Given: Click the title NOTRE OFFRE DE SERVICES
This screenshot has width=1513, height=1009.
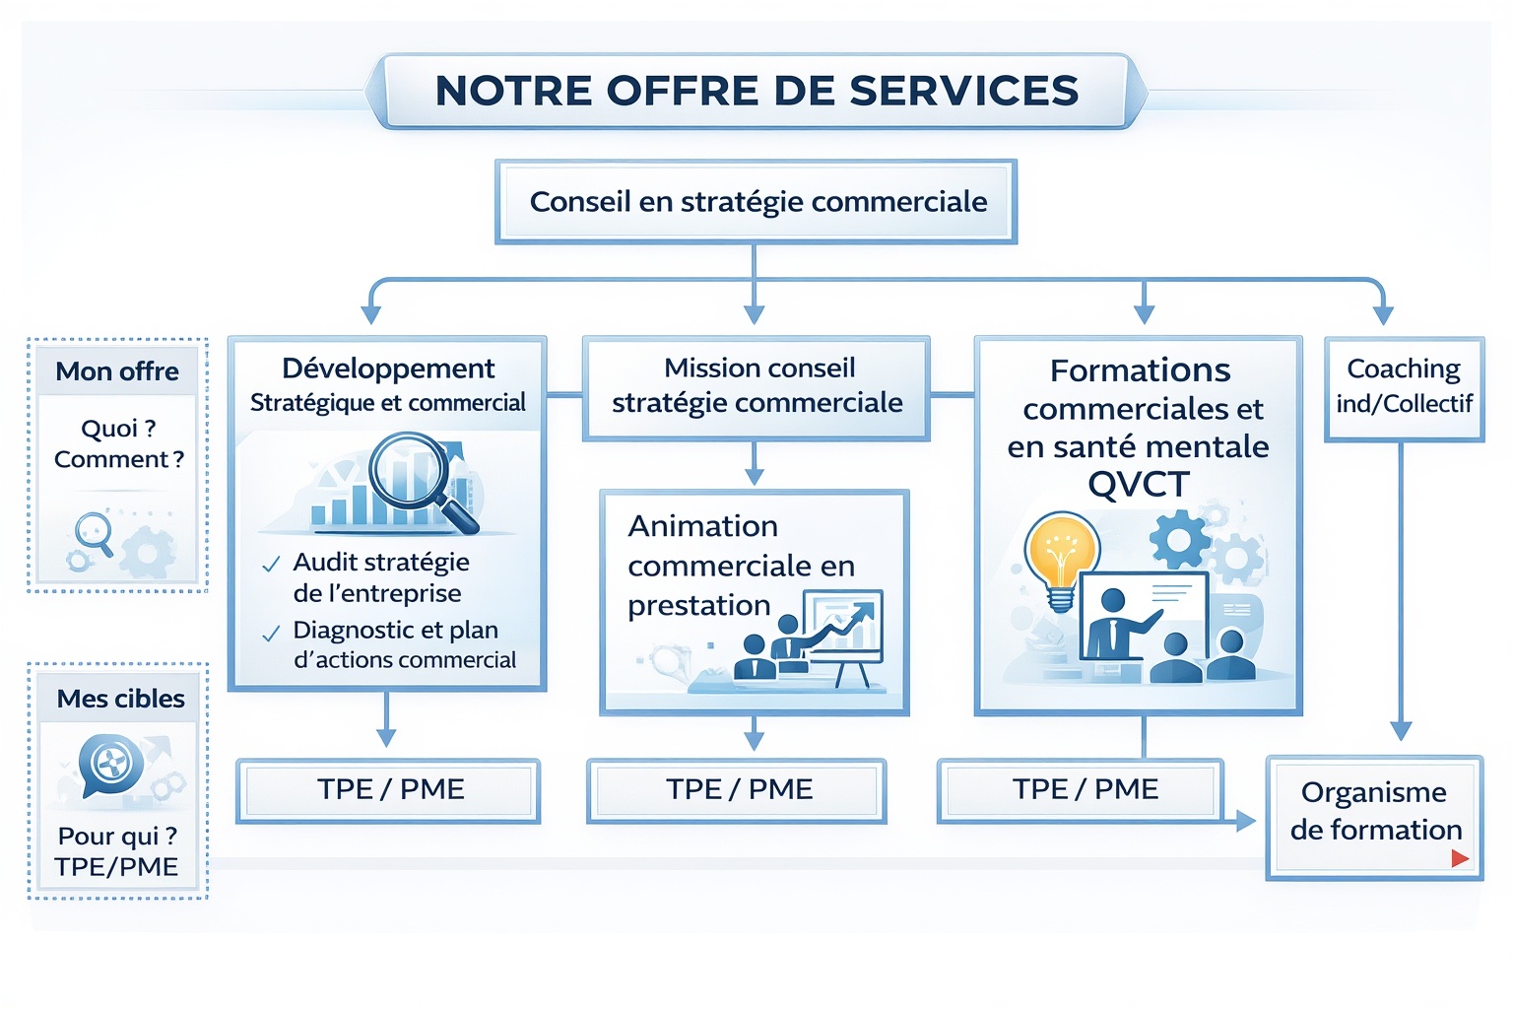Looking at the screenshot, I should pyautogui.click(x=756, y=91).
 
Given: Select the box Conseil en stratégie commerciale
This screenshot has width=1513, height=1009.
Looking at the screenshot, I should pyautogui.click(x=756, y=202).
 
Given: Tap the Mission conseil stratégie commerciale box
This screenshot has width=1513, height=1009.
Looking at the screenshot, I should pyautogui.click(x=756, y=386).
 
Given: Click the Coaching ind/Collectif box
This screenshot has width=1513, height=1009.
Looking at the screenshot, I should pyautogui.click(x=1404, y=386).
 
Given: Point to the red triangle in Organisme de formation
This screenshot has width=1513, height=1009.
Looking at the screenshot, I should pyautogui.click(x=1460, y=858).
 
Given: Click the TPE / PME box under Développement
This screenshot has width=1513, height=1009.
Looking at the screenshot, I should pyautogui.click(x=389, y=789).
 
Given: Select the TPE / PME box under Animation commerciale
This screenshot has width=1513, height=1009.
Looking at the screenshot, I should pyautogui.click(x=738, y=789).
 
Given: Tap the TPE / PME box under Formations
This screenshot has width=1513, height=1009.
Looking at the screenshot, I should pyautogui.click(x=1084, y=789).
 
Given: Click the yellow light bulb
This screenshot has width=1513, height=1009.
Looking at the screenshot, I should pyautogui.click(x=1061, y=554).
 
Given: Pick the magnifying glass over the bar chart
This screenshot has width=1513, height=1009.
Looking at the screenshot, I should pyautogui.click(x=413, y=476).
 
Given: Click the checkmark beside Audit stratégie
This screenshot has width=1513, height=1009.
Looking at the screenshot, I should pyautogui.click(x=271, y=566).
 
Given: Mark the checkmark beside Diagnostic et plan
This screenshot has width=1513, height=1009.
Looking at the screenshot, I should pyautogui.click(x=271, y=634).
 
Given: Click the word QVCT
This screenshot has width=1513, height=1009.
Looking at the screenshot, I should pyautogui.click(x=1139, y=485).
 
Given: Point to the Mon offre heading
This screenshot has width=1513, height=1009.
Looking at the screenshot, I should pyautogui.click(x=117, y=371).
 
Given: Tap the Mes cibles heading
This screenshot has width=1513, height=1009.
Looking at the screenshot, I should pyautogui.click(x=120, y=699).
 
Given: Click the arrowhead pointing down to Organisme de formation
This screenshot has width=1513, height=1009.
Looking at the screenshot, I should pyautogui.click(x=1401, y=731).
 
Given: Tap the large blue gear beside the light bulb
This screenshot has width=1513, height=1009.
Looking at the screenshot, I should pyautogui.click(x=1178, y=540).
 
